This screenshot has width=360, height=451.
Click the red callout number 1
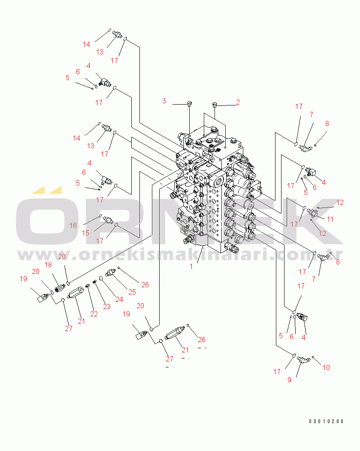tap(191, 266)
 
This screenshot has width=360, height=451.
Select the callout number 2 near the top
tap(238, 102)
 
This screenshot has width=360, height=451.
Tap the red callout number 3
tap(164, 101)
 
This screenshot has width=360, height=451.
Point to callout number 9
tap(290, 380)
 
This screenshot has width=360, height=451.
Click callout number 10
tap(326, 367)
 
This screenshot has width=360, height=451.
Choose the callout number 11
tap(330, 219)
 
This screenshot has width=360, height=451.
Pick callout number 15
tap(85, 233)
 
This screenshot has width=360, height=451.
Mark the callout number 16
tap(73, 225)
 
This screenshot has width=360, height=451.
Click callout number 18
tap(48, 265)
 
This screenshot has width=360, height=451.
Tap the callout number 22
tap(94, 314)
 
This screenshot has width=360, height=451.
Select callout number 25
tap(132, 292)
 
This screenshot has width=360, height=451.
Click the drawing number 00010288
tap(327, 421)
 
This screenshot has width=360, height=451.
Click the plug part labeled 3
tap(189, 104)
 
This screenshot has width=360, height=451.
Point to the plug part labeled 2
tap(214, 105)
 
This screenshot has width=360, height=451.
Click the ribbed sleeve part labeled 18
tap(60, 288)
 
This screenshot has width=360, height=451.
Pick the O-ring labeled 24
tap(101, 278)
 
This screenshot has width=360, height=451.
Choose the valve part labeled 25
tap(111, 272)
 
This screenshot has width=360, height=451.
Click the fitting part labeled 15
tap(108, 220)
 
